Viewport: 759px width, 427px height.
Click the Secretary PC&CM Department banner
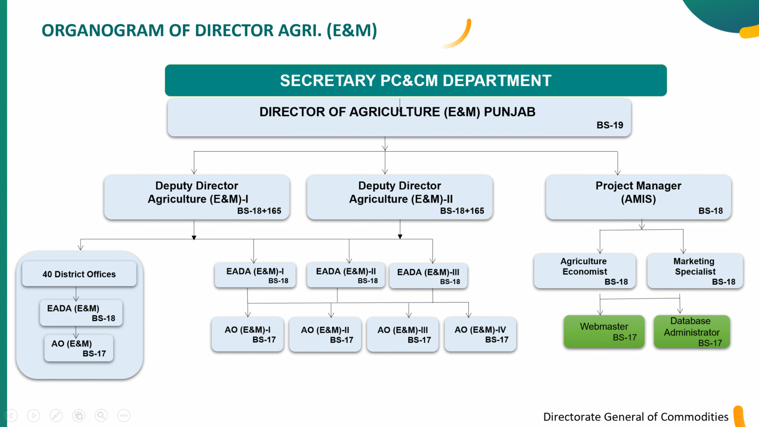pyautogui.click(x=416, y=81)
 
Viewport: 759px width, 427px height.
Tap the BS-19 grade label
pyautogui.click(x=610, y=126)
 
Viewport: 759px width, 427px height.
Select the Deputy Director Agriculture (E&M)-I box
pyautogui.click(x=197, y=197)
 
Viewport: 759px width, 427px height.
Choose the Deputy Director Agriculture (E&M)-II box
pyautogui.click(x=399, y=197)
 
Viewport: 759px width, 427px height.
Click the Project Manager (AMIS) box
pyautogui.click(x=638, y=197)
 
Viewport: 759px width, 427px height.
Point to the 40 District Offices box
pyautogui.click(x=79, y=274)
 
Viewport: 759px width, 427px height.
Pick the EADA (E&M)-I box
pyautogui.click(x=255, y=275)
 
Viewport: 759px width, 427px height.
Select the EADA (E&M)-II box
pyautogui.click(x=345, y=275)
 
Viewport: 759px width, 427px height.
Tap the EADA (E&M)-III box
pyautogui.click(x=428, y=276)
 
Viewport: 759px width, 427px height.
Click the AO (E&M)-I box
pyautogui.click(x=248, y=334)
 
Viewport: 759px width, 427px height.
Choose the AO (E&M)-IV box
pyautogui.click(x=480, y=334)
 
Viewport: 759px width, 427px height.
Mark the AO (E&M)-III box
pyautogui.click(x=403, y=335)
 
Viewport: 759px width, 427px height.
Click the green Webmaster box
pyautogui.click(x=604, y=332)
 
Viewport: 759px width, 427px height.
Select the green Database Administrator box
pyautogui.click(x=691, y=332)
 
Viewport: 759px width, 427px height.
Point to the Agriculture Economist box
pyautogui.click(x=585, y=271)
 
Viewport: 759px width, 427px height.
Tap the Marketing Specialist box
pyautogui.click(x=695, y=271)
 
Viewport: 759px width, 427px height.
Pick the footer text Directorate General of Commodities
pyautogui.click(x=635, y=417)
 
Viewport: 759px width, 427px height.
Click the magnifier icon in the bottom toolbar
pyautogui.click(x=101, y=416)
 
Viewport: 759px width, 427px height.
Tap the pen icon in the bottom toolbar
pyautogui.click(x=56, y=416)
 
